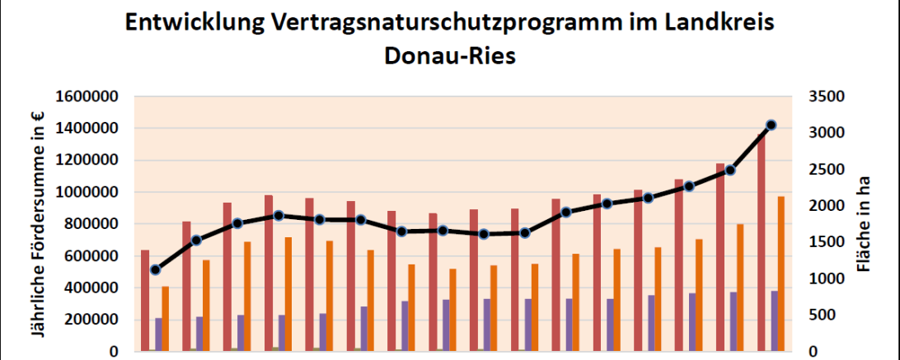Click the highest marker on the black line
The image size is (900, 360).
[771, 125]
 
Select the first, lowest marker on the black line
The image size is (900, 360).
[155, 269]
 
